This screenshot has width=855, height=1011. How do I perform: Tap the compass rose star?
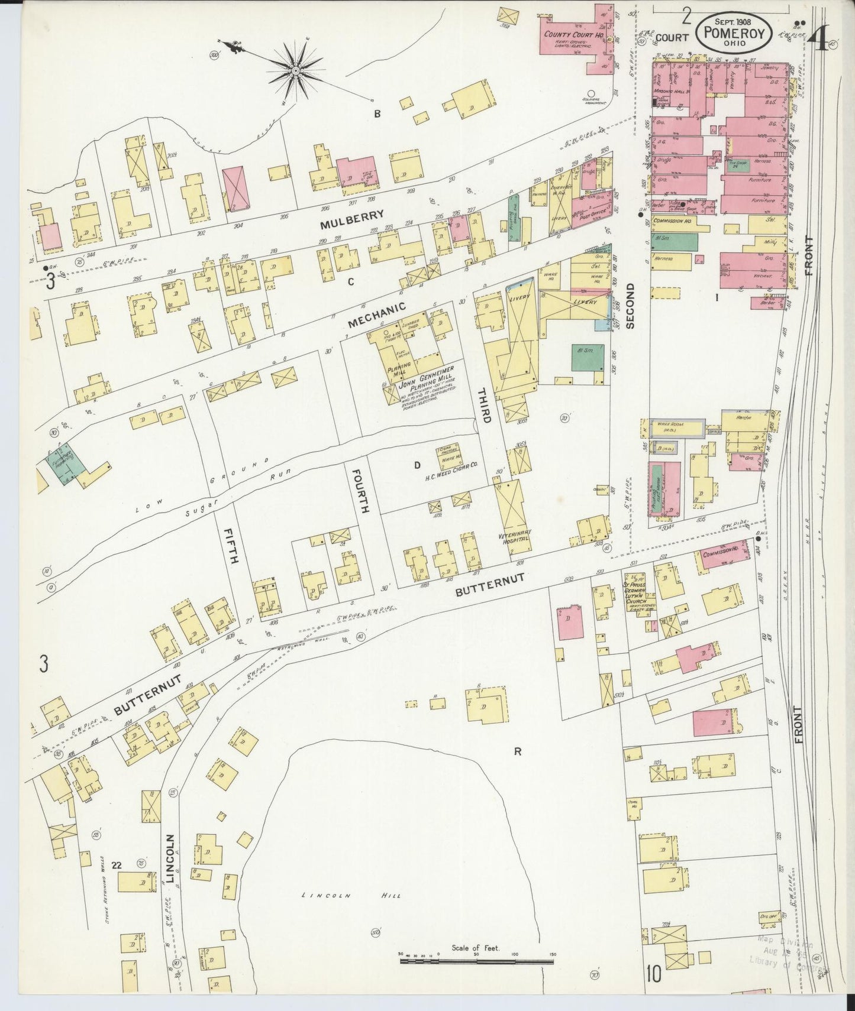point(294,71)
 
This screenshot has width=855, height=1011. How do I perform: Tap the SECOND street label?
point(630,304)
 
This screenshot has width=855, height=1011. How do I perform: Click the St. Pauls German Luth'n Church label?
point(640,591)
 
